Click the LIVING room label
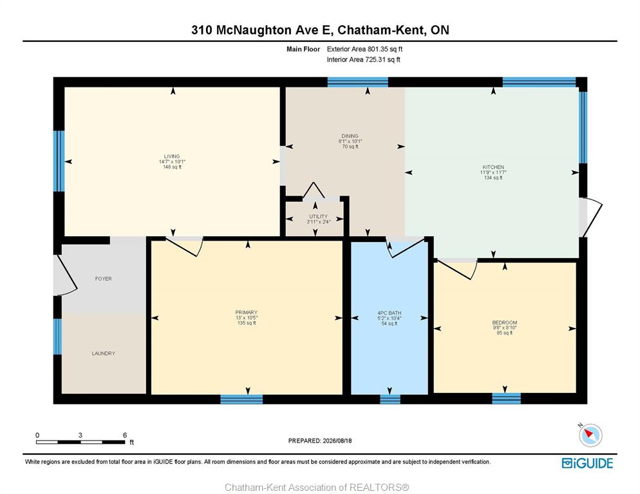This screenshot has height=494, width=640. pos(172,156)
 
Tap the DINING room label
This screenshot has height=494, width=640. pos(350,136)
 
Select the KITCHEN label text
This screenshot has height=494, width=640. pos(493,167)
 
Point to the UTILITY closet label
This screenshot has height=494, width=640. pos(318,217)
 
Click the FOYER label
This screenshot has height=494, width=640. pos(103,279)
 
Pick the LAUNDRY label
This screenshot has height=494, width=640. pos(103,353)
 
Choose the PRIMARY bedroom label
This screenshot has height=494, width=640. pos(246,313)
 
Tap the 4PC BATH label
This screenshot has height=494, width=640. pos(390,313)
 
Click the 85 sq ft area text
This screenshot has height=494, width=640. pos(505,333)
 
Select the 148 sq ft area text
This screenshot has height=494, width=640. pos(172,167)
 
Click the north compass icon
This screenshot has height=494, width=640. pos(590,435)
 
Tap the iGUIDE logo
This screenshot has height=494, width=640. pos(587,463)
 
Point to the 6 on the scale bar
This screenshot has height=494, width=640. pos(125,435)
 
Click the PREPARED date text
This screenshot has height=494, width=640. pos(320,441)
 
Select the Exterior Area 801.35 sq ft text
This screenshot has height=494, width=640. pos(364,49)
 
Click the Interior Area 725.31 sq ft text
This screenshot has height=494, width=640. pos(363,60)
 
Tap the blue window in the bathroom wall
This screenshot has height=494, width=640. pos(390,399)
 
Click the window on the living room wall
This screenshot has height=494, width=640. pos(59,161)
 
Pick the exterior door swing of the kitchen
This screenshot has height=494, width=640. pos(592,217)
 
